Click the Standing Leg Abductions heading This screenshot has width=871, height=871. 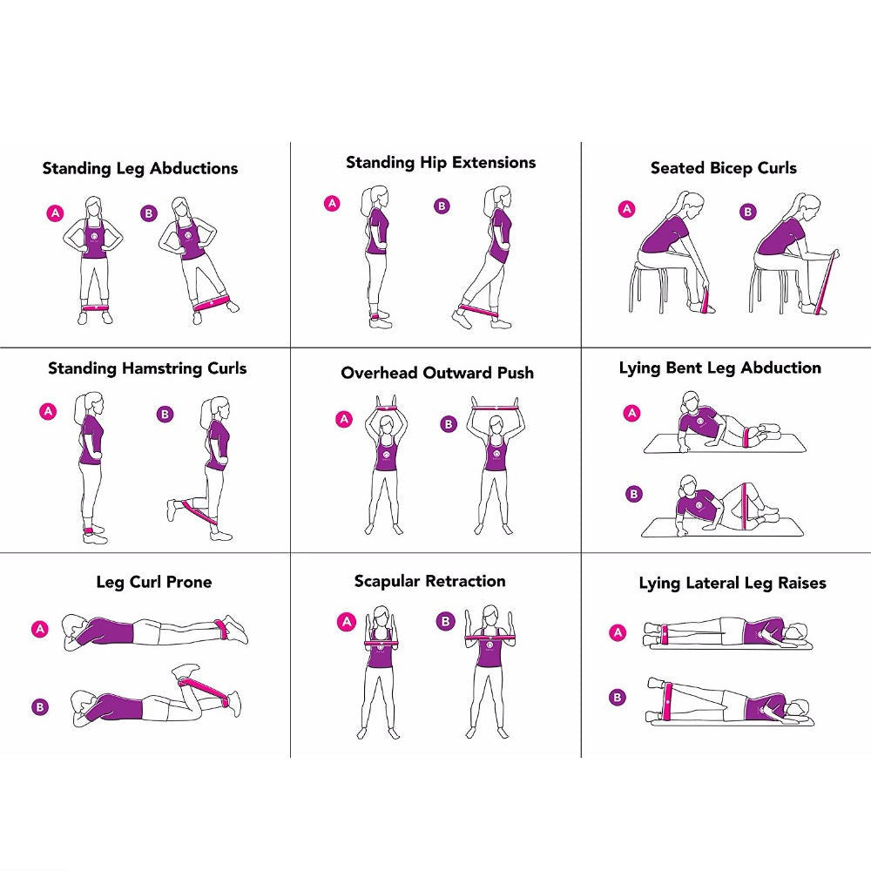click(x=139, y=168)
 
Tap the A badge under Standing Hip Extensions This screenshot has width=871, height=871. click(x=332, y=204)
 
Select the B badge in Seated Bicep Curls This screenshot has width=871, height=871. click(x=747, y=212)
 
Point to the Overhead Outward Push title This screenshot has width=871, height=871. click(x=437, y=373)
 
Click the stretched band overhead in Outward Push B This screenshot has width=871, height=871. click(x=496, y=405)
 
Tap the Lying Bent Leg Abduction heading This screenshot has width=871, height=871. click(x=719, y=368)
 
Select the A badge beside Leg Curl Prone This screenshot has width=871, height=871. click(x=39, y=628)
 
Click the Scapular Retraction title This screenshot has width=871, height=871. click(x=429, y=581)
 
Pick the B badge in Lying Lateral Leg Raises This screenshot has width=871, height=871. click(x=618, y=697)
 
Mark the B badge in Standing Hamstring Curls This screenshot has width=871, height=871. click(x=165, y=414)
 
